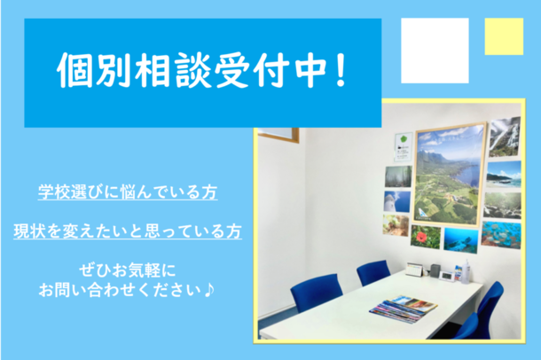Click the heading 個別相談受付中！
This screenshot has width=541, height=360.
[202, 71]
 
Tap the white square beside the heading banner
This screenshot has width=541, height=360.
[435, 51]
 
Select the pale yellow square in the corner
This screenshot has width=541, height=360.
[504, 36]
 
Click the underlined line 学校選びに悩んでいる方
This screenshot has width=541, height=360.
[128, 192]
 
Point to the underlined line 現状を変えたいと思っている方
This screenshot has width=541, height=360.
[128, 231]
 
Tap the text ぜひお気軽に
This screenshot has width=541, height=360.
[128, 270]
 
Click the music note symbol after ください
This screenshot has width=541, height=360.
[209, 290]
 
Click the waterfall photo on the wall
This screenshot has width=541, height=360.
[505, 137]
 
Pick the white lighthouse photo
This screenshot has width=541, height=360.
[397, 201]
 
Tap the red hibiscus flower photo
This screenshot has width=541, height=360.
[426, 237]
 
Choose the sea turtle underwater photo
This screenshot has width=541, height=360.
[461, 240]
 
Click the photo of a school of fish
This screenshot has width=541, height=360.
[501, 235]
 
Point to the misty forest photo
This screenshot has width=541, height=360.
[398, 176]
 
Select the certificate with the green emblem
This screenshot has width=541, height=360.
[404, 147]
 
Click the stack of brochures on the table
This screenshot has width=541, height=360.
[404, 309]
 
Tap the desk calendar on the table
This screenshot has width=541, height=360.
[414, 270]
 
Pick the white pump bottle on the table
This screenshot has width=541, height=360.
[466, 271]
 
